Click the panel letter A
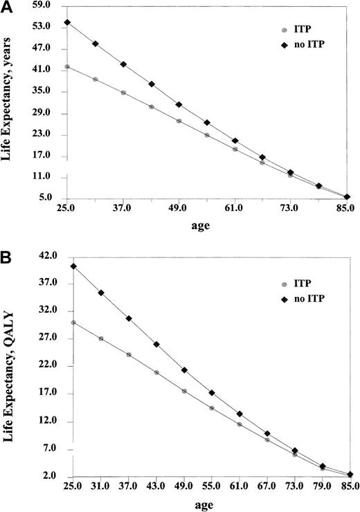point(6,7)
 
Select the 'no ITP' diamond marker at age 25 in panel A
point(67,22)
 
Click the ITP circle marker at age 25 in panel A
point(67,67)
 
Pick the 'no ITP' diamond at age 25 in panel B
point(73,266)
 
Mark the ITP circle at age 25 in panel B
point(73,322)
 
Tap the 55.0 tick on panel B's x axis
point(211,486)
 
